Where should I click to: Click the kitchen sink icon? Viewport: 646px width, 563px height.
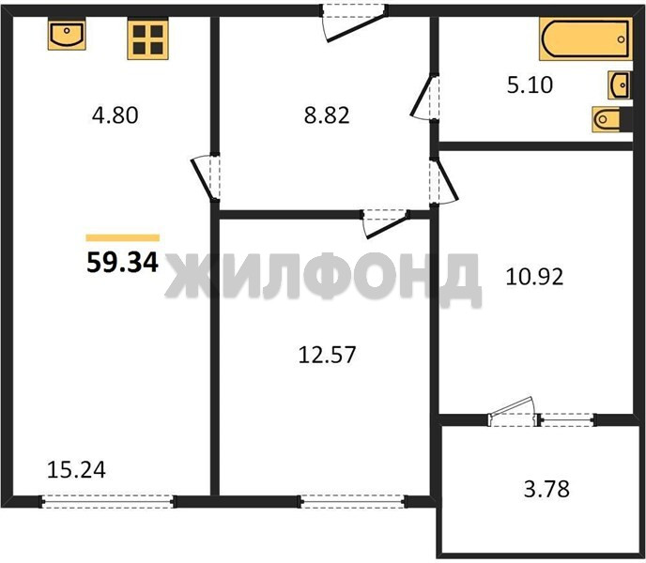[x=67, y=35]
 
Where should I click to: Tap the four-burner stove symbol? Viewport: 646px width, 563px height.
[x=148, y=39]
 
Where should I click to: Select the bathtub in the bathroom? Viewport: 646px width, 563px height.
[x=586, y=39]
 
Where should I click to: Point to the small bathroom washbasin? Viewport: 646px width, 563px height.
[x=620, y=85]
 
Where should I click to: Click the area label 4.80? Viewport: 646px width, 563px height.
[x=115, y=115]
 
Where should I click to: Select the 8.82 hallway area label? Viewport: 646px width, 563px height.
[x=327, y=115]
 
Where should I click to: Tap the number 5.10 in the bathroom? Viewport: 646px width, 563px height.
[x=530, y=85]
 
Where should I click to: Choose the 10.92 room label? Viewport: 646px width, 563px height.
[x=534, y=277]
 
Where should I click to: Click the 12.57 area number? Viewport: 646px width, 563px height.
[x=327, y=355]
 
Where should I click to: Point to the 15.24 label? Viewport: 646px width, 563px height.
[x=77, y=470]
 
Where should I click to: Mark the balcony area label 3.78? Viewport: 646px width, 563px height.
[x=546, y=489]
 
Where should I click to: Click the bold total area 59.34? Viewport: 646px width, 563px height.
[x=123, y=263]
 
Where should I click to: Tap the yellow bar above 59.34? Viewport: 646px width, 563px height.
[x=123, y=237]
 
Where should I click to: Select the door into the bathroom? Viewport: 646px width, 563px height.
[x=424, y=98]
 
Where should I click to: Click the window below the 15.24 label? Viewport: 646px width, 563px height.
[x=108, y=501]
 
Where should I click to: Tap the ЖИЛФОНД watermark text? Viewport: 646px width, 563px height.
[x=323, y=278]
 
